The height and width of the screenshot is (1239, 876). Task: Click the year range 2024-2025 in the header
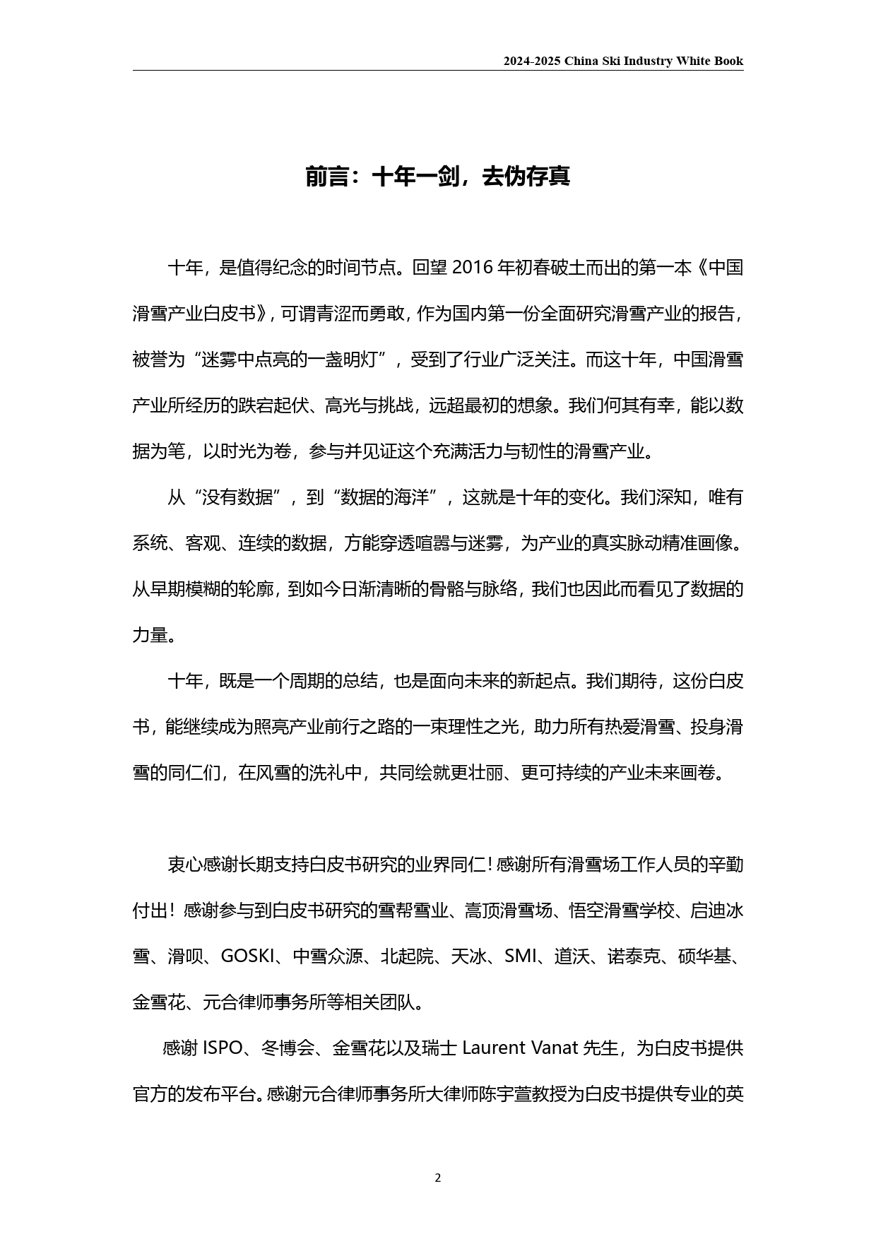pyautogui.click(x=532, y=61)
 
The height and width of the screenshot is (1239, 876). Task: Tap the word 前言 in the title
pyautogui.click(x=328, y=177)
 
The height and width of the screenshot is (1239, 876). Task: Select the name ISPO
pyautogui.click(x=223, y=1048)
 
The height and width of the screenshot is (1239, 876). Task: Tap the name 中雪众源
pyautogui.click(x=328, y=956)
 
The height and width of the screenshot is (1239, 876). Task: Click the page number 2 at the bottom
pyautogui.click(x=438, y=1178)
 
